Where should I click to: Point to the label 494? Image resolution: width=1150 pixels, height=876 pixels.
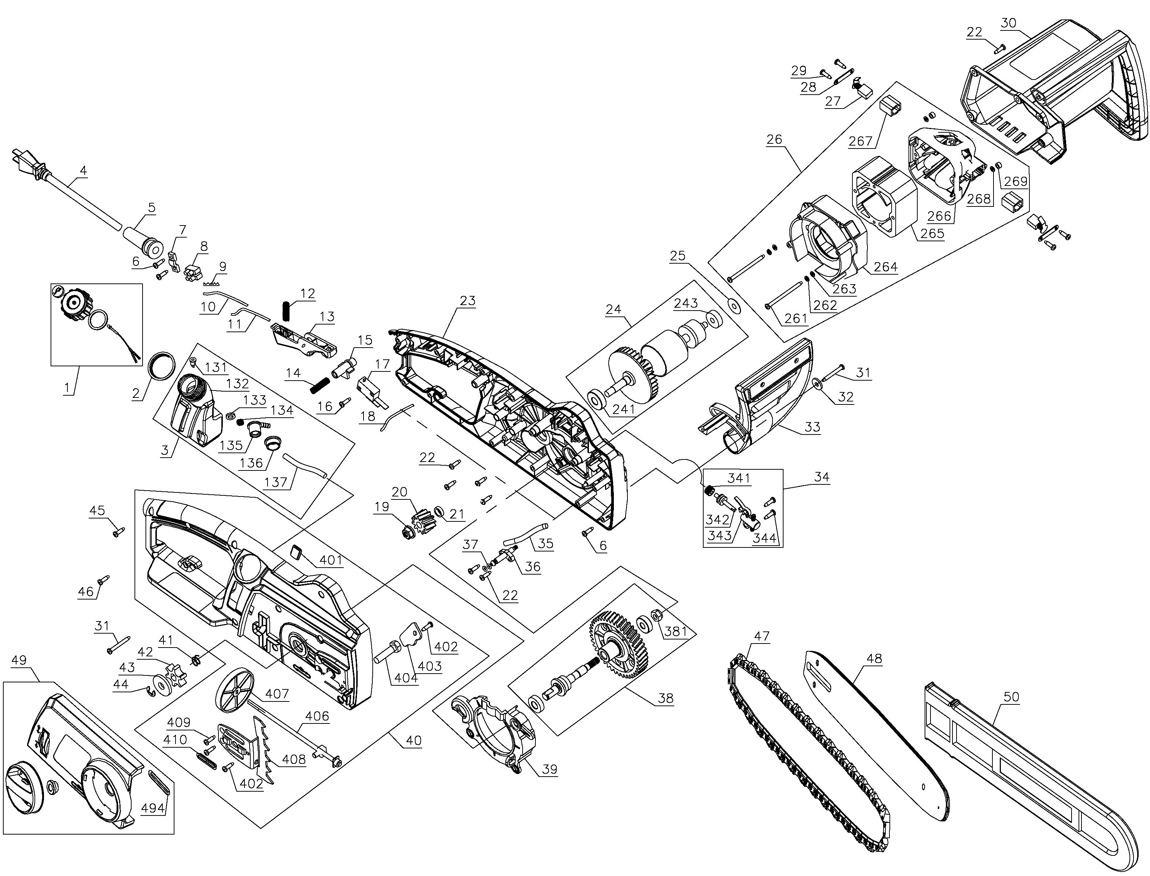click(x=153, y=808)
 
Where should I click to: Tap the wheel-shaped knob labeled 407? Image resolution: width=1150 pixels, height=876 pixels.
click(x=235, y=691)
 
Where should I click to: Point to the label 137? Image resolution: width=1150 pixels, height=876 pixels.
click(x=276, y=481)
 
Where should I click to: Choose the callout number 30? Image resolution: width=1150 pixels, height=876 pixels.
click(x=1008, y=23)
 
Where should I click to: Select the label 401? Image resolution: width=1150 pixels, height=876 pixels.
click(x=331, y=560)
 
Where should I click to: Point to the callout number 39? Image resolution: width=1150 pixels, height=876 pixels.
click(x=549, y=769)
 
